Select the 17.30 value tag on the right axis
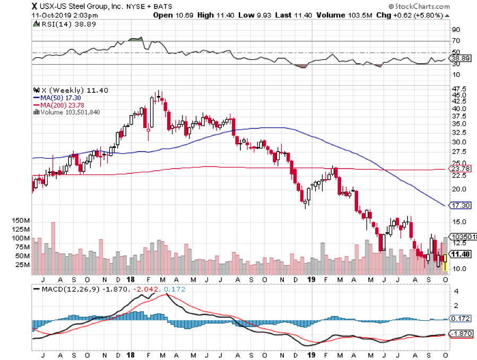tap(459, 205)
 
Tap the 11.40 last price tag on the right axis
tap(459, 254)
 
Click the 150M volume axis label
tap(22, 220)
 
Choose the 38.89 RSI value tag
tap(459, 58)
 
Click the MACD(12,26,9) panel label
tap(64, 289)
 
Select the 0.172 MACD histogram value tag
tap(459, 319)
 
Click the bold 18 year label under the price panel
tap(131, 279)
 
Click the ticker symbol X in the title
tap(35, 6)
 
